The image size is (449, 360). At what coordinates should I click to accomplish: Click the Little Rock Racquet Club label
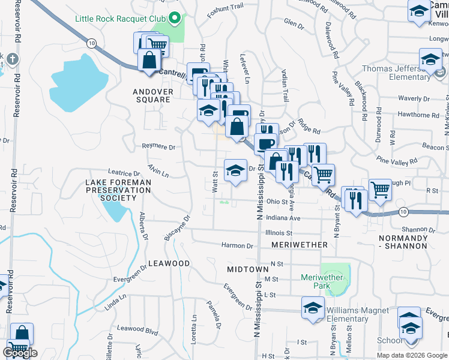tap(120, 18)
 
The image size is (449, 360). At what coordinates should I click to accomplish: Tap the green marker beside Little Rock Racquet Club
tap(175, 18)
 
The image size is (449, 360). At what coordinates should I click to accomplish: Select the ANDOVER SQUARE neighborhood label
tap(153, 96)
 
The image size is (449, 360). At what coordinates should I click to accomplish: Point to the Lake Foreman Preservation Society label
tap(118, 190)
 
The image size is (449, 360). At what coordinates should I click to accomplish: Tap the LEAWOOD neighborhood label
tap(169, 263)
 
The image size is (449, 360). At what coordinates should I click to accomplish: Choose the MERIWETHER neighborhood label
tap(300, 245)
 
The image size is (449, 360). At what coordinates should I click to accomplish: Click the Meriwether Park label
tap(322, 281)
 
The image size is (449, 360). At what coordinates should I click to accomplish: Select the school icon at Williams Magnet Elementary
tap(312, 308)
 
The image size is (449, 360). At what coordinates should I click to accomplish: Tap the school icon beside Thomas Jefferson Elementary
tap(430, 61)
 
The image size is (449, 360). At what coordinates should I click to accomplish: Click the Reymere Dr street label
tap(158, 146)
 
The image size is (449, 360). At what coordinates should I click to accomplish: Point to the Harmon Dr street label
tap(237, 245)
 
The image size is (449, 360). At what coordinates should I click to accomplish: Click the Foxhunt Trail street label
tap(225, 8)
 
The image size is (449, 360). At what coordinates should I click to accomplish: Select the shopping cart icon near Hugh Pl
tap(380, 189)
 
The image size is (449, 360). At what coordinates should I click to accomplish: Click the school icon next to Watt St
tap(235, 170)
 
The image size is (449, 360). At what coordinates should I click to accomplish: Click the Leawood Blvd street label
tap(137, 328)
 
